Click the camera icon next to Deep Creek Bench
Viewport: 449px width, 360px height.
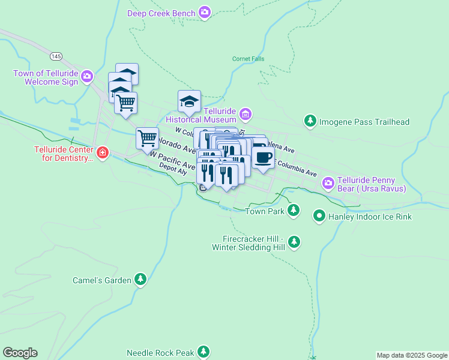point(205,13)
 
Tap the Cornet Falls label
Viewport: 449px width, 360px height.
point(247,59)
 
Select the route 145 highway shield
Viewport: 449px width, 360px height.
point(56,56)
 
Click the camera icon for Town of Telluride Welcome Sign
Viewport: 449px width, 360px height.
point(87,76)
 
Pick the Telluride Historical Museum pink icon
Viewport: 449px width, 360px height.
point(245,113)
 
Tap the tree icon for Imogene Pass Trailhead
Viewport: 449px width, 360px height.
point(310,121)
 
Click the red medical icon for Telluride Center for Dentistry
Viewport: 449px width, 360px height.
point(103,153)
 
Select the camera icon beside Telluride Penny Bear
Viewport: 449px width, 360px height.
point(328,182)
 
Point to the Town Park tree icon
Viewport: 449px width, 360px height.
point(293,209)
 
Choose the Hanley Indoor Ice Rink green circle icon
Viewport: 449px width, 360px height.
point(319,216)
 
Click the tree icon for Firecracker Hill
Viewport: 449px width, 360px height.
point(294,241)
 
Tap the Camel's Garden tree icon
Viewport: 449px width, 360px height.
point(140,279)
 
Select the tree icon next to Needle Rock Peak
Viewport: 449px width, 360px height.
point(204,352)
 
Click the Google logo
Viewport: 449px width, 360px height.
point(20,353)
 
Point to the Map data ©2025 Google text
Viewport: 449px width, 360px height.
point(411,355)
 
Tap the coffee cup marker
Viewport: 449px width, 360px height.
point(262,157)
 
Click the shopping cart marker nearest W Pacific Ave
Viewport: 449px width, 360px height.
point(147,139)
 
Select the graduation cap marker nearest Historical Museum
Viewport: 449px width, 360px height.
point(189,102)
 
